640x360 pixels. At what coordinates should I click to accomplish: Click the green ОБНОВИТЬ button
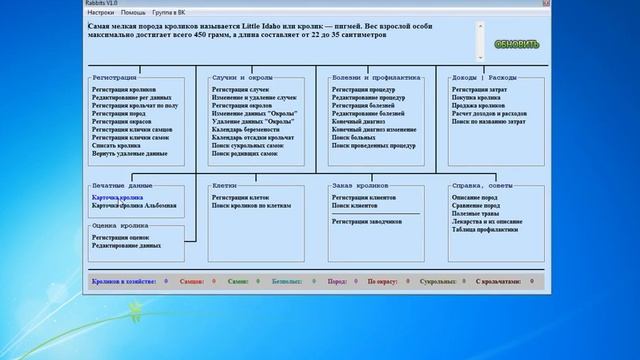516,44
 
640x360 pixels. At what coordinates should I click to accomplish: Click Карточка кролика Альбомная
134,206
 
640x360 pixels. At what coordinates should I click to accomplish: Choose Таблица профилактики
486,230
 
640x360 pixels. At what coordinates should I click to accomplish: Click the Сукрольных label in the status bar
438,283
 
